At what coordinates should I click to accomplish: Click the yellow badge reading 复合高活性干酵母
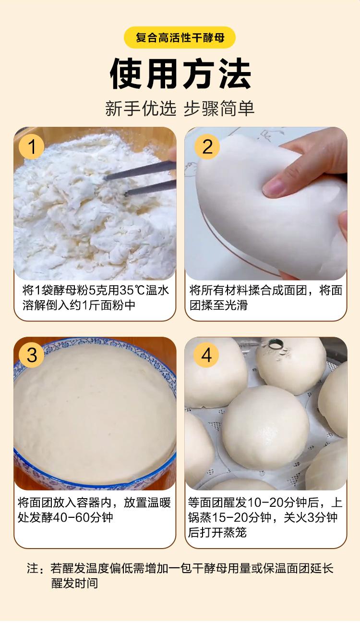coord(180,37)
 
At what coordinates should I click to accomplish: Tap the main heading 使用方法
coord(180,74)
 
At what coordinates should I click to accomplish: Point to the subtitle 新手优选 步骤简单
coord(180,108)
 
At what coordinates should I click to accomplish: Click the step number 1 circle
coord(32,147)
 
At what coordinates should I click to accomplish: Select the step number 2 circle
coord(207,147)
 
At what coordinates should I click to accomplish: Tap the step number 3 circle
coord(32,355)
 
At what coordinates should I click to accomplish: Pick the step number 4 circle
coord(206,355)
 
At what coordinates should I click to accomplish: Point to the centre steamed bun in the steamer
coord(265,427)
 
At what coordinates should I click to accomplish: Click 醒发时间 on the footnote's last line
coord(74,583)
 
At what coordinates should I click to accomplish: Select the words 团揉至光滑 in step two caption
coord(218,305)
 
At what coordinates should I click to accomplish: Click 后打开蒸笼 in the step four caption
coord(217,532)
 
